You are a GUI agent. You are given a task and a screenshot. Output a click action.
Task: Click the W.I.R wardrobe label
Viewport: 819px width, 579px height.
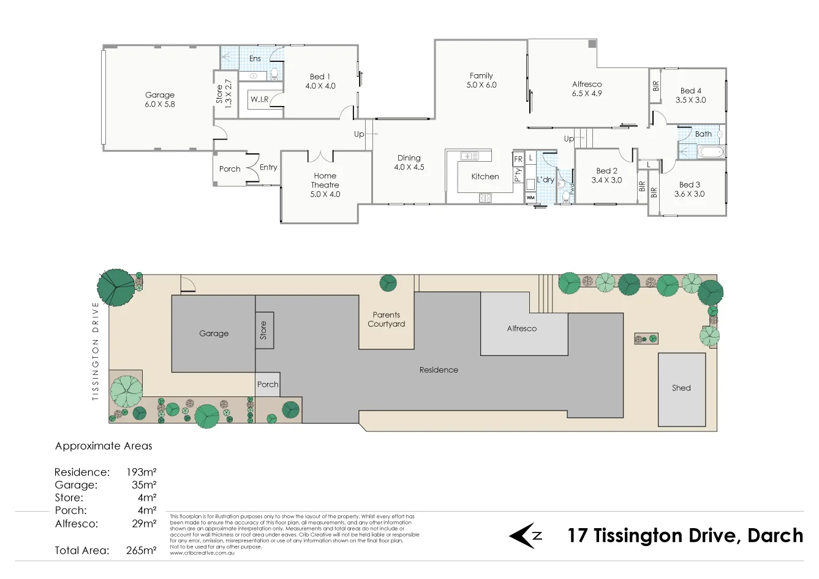pos(260,99)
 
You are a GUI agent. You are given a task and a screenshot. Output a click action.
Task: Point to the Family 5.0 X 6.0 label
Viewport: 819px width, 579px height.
pos(481,80)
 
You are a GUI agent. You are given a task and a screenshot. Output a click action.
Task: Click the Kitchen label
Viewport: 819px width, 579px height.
pos(485,176)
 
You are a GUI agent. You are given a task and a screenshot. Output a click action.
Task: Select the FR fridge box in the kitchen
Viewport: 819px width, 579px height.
pos(518,159)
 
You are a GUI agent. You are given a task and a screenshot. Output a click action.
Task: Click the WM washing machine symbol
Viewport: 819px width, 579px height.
pos(530,198)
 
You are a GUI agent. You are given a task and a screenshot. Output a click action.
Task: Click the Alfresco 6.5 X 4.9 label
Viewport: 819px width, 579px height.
pos(587,89)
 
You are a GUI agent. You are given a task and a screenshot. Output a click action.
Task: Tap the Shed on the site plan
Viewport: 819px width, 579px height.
pos(681,388)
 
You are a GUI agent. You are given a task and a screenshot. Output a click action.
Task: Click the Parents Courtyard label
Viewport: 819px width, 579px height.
pos(386,319)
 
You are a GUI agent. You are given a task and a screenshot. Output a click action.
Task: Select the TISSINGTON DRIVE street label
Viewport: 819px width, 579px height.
pos(96,351)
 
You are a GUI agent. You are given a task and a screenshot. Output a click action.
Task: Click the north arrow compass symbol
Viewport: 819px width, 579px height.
pos(525,536)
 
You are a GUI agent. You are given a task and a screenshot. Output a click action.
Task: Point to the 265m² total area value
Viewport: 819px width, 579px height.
pos(141,550)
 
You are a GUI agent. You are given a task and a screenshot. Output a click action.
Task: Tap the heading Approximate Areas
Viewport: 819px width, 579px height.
pos(104,446)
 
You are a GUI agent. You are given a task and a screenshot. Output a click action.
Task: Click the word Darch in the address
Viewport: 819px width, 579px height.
pos(775,535)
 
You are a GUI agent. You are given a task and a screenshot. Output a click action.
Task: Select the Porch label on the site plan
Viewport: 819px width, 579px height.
pos(268,385)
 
